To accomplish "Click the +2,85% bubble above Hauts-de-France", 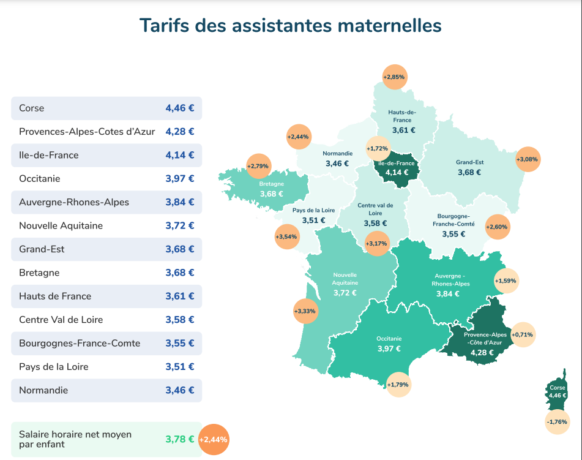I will coord(394,77).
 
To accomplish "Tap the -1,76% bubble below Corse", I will coord(557,422).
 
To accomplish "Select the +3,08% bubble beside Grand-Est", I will coord(528,159).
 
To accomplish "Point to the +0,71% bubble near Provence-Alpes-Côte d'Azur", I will coord(523,334).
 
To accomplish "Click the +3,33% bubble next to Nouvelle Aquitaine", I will coord(305,311).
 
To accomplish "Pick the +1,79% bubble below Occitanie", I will coord(398,385).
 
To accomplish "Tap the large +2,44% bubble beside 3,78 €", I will coord(214,439).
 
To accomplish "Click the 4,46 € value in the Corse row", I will coord(179,108).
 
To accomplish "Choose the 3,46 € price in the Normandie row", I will coord(179,390).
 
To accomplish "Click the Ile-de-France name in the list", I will coord(49,156).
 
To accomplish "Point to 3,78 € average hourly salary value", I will coord(179,439).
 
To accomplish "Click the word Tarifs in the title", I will coord(164,26).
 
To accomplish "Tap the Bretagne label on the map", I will coord(271,184).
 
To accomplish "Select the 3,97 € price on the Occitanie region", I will coord(389,349).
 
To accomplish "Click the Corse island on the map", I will coord(557,392).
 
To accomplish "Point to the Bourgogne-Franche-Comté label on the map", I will coord(453,220).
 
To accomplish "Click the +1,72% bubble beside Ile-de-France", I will coord(378,149).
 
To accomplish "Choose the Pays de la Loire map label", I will coord(313,210).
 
